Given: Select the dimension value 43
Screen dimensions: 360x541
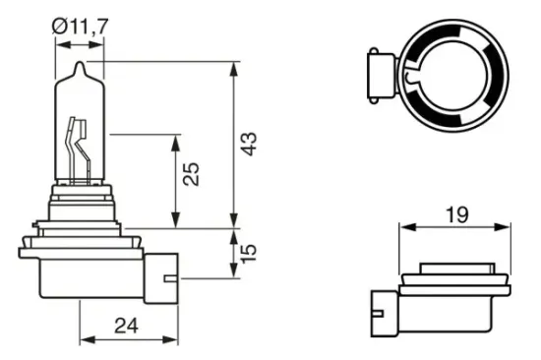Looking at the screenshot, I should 250,144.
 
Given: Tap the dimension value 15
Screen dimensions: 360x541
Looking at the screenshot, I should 250,253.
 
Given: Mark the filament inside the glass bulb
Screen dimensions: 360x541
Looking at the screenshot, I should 76,148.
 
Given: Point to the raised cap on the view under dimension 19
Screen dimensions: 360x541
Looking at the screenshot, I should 455,269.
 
